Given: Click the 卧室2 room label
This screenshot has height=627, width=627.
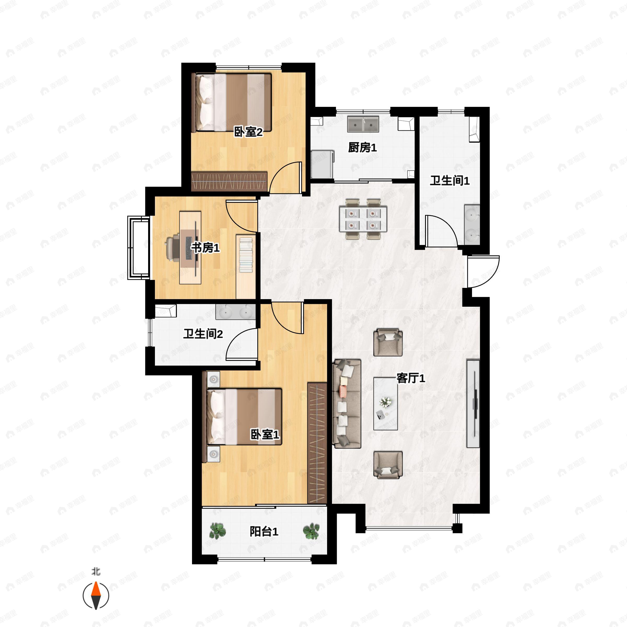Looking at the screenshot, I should click(x=248, y=132).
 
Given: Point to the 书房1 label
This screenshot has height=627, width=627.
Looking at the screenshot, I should click(x=205, y=248).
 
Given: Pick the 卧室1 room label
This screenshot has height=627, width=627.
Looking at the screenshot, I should click(x=264, y=434).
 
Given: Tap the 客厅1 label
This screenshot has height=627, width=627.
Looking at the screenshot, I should click(x=410, y=378).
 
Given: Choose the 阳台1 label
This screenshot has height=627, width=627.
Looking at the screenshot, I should click(x=264, y=532).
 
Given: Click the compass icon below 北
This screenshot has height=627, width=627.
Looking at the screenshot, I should click(x=96, y=596).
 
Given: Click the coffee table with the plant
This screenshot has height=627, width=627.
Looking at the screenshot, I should click(x=386, y=403).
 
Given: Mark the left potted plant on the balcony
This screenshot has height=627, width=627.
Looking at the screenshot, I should click(x=217, y=531).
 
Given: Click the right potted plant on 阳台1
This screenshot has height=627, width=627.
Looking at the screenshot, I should click(x=311, y=531).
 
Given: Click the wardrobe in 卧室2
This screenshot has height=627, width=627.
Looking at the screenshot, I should click(x=229, y=181).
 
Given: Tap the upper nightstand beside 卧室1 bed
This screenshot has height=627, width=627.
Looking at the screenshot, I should click(x=213, y=379).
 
